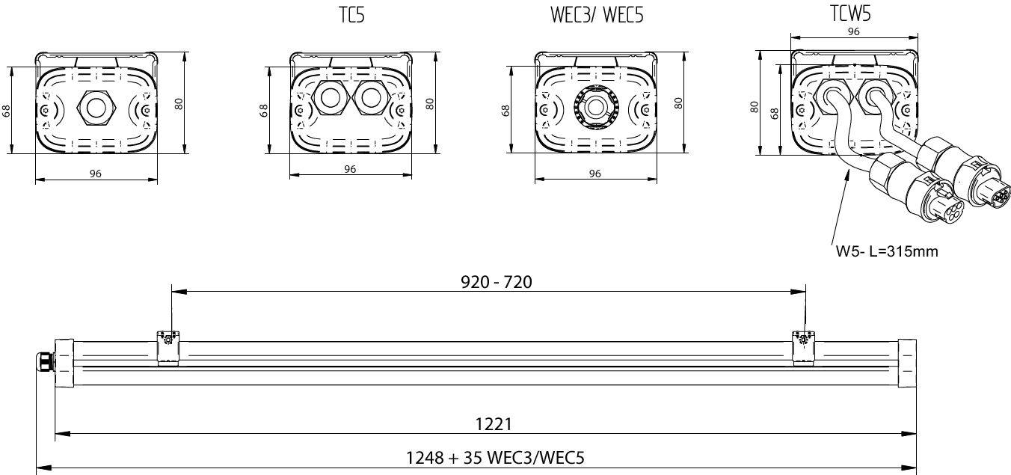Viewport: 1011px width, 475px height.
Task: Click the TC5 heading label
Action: tap(351, 14)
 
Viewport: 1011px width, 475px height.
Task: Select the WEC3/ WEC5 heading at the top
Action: tap(597, 14)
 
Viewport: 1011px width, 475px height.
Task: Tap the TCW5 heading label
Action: tap(850, 13)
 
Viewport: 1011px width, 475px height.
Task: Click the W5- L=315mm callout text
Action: tap(887, 251)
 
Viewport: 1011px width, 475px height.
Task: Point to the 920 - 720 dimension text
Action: tap(496, 282)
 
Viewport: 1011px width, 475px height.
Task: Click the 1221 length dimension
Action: tap(494, 424)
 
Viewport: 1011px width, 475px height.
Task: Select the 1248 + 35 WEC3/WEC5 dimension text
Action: tap(495, 458)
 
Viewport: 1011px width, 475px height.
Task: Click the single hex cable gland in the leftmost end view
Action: tap(96, 107)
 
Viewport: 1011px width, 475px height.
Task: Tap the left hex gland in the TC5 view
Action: tap(331, 97)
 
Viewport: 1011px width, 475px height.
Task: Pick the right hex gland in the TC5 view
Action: tap(372, 97)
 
